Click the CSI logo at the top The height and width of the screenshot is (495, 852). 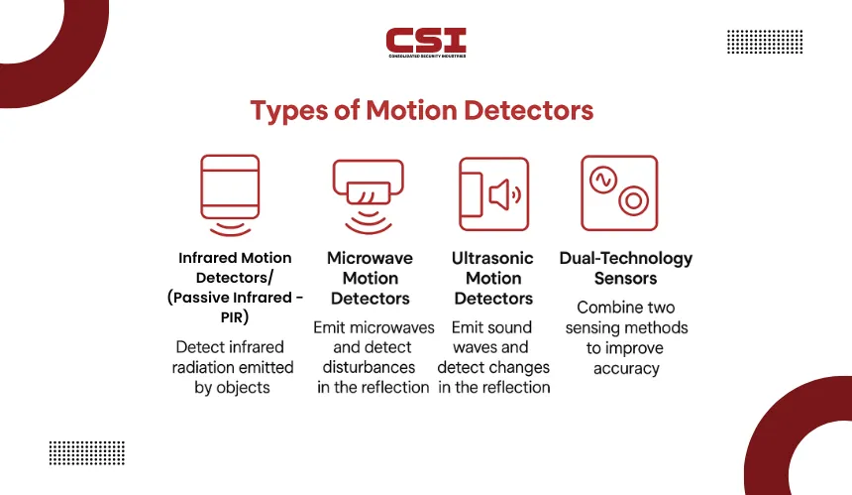[426, 43]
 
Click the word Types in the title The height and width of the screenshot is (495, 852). [289, 111]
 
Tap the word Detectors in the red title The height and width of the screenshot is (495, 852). [528, 110]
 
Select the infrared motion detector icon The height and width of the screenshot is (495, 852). [230, 195]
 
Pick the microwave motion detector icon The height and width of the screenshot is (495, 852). [369, 196]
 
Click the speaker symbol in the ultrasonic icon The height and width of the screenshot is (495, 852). [505, 194]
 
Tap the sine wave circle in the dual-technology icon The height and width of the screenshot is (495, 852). [603, 180]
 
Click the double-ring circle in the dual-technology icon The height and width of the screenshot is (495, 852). [634, 200]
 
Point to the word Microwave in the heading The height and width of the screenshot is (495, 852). [371, 258]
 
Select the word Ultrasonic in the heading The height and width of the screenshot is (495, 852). [492, 258]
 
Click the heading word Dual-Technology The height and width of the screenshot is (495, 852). [626, 258]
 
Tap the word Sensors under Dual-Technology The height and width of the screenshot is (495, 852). [625, 279]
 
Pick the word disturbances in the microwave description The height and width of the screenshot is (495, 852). [369, 367]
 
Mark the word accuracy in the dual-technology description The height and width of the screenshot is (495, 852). [626, 369]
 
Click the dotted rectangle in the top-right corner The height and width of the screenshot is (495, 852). [765, 42]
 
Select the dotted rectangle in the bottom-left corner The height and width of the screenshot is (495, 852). [87, 453]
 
